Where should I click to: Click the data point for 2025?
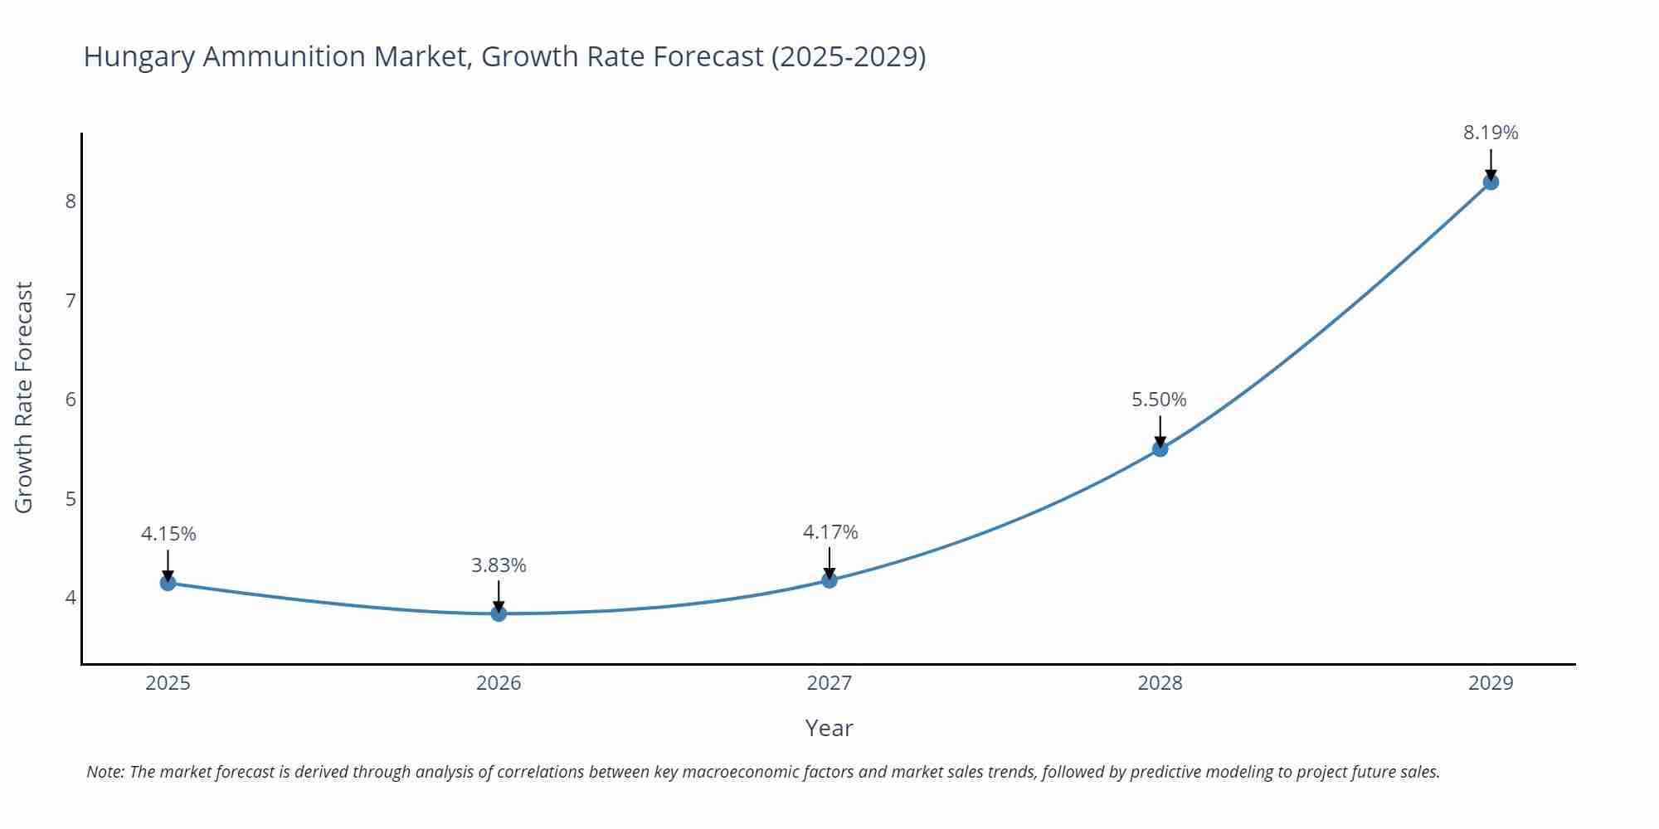point(168,583)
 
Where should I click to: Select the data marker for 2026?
point(499,613)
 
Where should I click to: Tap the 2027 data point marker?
point(829,580)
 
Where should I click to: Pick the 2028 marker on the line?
point(1160,448)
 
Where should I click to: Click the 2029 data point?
point(1491,182)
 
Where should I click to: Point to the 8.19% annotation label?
point(1491,133)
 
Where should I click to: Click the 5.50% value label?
point(1159,400)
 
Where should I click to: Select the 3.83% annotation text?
point(499,565)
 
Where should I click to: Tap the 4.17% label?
point(830,532)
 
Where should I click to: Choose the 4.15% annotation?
point(168,534)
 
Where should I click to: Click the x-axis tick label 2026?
point(499,683)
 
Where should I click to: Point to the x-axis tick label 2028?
point(1160,683)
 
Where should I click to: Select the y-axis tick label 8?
point(71,201)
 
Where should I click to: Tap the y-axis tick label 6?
point(71,400)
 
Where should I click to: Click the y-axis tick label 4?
point(71,598)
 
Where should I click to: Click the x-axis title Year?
point(829,728)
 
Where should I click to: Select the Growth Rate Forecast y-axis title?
point(24,397)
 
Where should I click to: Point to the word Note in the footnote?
point(105,772)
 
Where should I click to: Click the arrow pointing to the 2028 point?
point(1160,429)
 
